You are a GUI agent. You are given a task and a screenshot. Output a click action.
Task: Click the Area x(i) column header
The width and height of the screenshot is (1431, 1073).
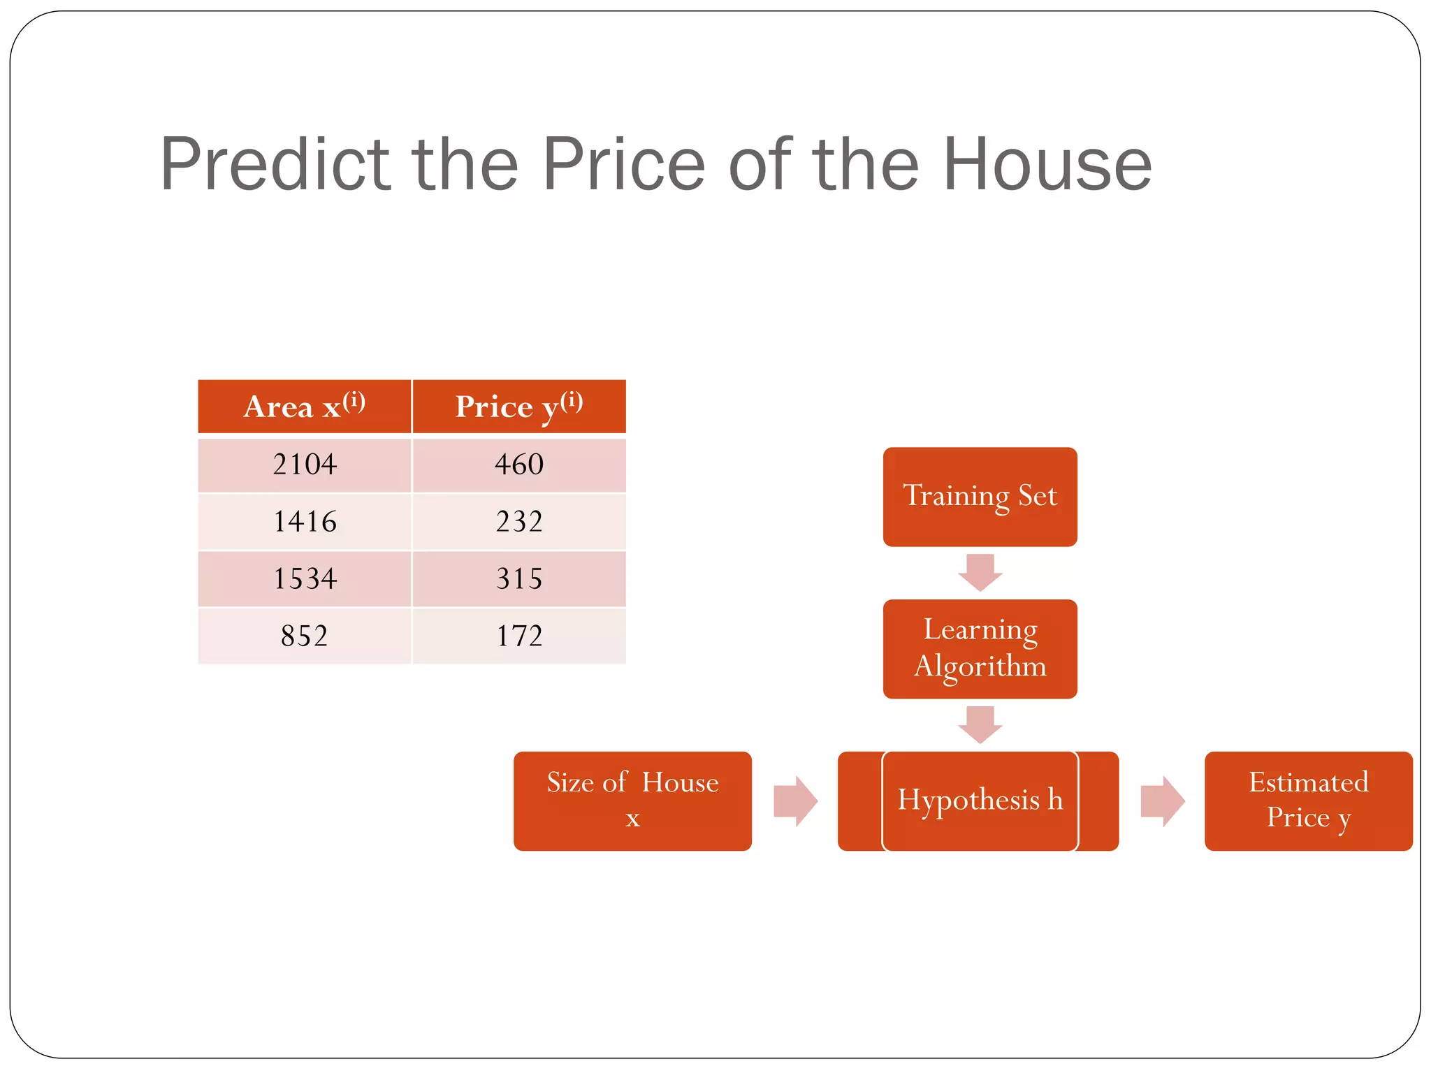point(305,407)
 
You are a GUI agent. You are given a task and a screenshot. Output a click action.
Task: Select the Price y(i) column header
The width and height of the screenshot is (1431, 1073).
point(518,407)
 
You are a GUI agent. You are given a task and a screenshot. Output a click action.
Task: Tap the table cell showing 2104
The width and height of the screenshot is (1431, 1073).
point(305,465)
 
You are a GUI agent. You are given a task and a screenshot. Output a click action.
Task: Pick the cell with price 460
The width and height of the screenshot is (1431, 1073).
point(518,465)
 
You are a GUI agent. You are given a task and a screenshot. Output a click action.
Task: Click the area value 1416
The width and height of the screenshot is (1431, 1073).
point(305,522)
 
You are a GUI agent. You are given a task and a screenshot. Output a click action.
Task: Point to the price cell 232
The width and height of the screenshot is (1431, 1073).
point(518,522)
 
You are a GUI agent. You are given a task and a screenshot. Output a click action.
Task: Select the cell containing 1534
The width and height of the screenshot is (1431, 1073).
point(305,579)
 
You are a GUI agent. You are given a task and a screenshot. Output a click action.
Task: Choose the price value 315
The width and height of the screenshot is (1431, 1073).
point(518,579)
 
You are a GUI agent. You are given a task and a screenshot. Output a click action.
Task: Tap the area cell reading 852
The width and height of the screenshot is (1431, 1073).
point(305,636)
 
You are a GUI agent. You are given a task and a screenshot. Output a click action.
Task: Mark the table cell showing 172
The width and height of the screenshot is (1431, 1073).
point(518,636)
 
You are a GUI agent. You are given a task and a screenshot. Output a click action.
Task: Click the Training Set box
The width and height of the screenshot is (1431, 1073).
point(980,497)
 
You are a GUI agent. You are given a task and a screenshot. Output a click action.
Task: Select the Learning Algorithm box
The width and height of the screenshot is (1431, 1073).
point(980,648)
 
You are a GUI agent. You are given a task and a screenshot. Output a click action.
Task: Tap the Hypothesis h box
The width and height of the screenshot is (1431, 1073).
point(980,801)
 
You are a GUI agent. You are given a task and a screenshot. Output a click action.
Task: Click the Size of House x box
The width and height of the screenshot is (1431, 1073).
point(632,801)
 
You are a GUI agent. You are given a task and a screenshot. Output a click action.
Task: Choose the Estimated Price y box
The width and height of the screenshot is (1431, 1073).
point(1308,801)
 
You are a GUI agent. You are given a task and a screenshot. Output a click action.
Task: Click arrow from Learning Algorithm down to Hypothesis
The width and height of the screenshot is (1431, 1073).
point(980,724)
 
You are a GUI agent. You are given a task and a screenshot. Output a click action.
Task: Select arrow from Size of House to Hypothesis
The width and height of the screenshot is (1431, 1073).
point(795,801)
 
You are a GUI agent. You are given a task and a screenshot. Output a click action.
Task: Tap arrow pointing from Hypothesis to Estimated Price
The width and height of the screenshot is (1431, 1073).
point(1162,801)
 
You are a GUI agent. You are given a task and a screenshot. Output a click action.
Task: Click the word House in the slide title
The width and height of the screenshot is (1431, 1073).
point(1047,165)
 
